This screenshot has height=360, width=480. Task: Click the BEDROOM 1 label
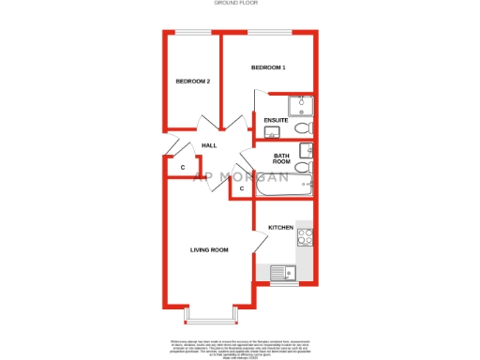click(268, 68)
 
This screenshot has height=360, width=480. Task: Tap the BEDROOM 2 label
click(192, 82)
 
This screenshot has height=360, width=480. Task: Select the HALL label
click(209, 145)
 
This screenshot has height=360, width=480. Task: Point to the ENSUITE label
click(276, 121)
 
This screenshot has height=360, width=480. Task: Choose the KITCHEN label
click(281, 228)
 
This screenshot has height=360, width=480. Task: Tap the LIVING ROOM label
click(209, 249)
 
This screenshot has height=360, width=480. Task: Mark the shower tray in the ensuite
click(302, 105)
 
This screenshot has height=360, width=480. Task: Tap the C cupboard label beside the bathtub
click(241, 189)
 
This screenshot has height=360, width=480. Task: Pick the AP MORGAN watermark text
click(241, 175)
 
